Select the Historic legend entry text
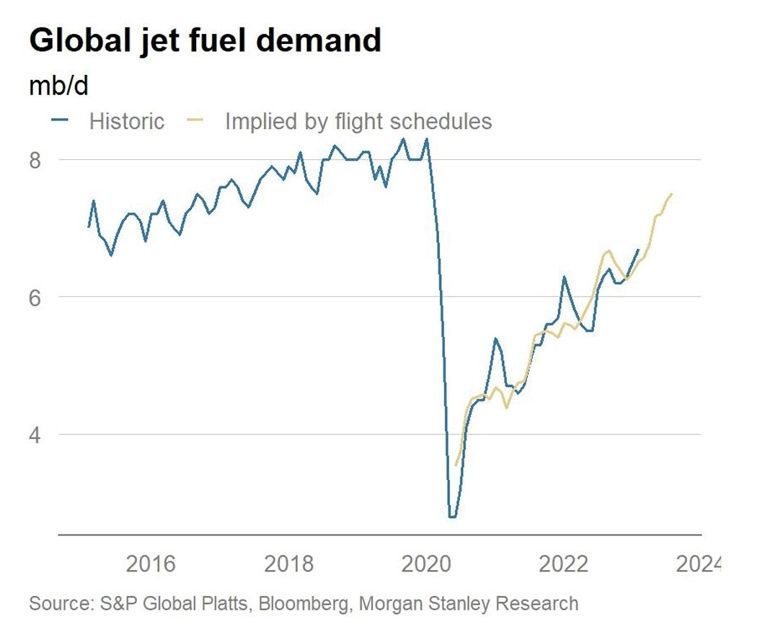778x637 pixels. (126, 121)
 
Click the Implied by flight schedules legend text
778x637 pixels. (358, 121)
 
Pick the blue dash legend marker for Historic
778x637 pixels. (61, 120)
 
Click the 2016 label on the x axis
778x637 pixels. (151, 563)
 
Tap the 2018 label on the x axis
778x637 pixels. (289, 563)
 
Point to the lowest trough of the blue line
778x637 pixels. (452, 517)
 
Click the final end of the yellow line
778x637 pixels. (672, 193)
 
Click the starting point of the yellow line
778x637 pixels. (456, 465)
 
